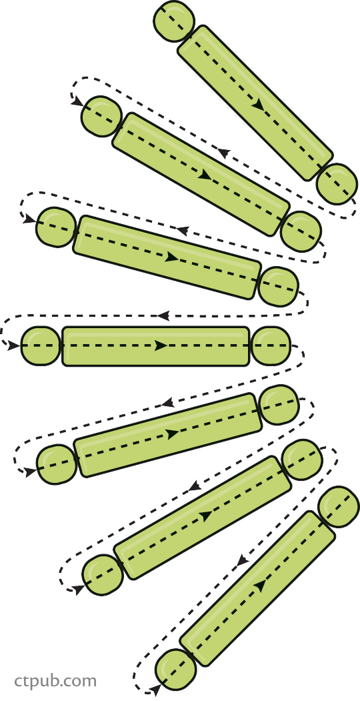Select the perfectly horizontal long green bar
click(155, 346)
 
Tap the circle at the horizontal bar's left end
click(40, 345)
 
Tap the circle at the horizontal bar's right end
click(271, 345)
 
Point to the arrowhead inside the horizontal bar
click(161, 345)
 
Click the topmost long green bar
click(255, 103)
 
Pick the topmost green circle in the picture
click(174, 21)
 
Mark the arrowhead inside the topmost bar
click(258, 105)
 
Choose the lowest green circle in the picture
click(175, 670)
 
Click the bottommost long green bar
click(257, 588)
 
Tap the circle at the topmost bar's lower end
click(337, 183)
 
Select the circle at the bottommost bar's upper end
click(339, 506)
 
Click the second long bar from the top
click(201, 174)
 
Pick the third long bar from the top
click(167, 257)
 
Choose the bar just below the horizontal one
click(167, 435)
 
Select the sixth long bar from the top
click(202, 518)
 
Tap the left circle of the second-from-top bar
click(101, 116)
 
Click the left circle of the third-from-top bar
click(55, 227)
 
